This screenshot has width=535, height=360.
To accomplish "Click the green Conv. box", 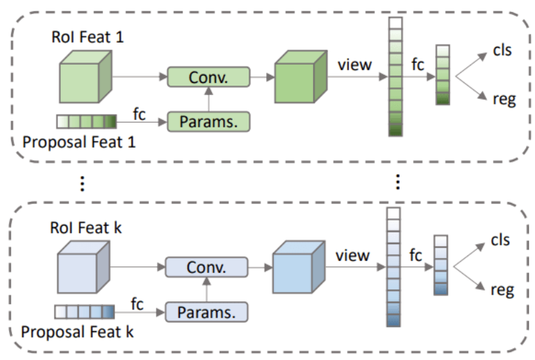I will pos(208,77).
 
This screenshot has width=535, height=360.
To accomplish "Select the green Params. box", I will pos(208,121).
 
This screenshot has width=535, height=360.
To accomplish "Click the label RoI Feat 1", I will pos(88,38).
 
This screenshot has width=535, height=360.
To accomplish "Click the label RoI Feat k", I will pos(88,228).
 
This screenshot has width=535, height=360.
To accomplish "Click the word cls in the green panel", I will pos(500,51).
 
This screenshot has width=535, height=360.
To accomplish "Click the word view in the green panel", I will pos(355,65).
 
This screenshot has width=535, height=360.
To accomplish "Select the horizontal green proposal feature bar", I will pos(86,122).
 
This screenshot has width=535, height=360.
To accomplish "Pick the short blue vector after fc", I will pos(441,265).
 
